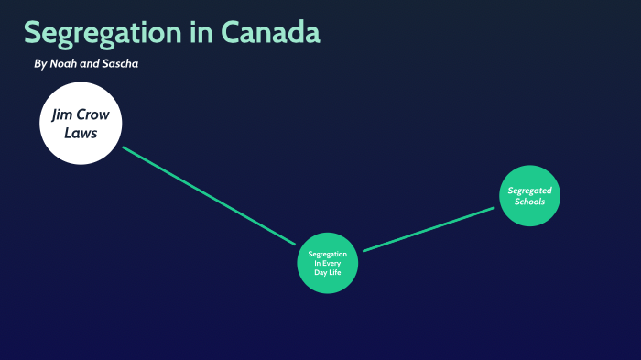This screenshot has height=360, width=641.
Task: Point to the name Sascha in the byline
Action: click(120, 64)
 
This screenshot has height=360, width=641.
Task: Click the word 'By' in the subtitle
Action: click(39, 64)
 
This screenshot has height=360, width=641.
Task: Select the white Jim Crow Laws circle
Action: click(81, 124)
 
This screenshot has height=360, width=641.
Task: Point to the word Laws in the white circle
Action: click(81, 133)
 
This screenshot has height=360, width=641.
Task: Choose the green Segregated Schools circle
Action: click(529, 195)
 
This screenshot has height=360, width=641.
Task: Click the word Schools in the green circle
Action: click(529, 202)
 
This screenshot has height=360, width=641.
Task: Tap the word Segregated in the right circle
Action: click(529, 191)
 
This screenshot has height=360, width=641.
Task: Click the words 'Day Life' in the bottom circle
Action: click(326, 272)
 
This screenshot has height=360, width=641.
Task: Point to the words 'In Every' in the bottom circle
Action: click(326, 263)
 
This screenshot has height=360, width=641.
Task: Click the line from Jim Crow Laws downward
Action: click(209, 195)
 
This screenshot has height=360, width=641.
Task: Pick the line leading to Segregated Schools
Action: click(429, 228)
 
